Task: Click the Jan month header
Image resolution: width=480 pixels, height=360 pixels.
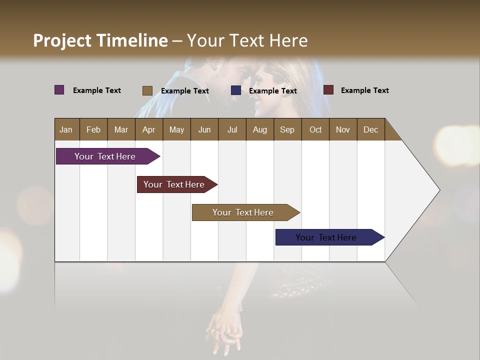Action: [x=66, y=129]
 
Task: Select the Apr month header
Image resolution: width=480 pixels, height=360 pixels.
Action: [x=148, y=129]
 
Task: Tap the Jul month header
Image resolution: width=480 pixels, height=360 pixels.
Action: [x=232, y=129]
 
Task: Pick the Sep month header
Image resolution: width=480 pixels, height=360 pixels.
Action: [x=287, y=129]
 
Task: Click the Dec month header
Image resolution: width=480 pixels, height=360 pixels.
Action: [x=370, y=129]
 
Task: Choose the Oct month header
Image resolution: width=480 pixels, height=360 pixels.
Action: [x=315, y=129]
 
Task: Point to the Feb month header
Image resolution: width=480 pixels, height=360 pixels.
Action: [x=93, y=129]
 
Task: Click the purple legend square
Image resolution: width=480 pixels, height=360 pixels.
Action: [x=59, y=90]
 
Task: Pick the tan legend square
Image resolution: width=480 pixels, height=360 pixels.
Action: [x=147, y=90]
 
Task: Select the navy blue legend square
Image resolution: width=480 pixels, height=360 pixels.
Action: [x=236, y=90]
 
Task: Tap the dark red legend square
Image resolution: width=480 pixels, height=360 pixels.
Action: [x=328, y=90]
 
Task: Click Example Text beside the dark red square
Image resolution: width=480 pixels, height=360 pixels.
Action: [x=364, y=90]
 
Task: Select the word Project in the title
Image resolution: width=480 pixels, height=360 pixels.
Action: [x=62, y=40]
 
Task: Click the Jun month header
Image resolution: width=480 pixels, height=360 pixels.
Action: [x=204, y=129]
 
